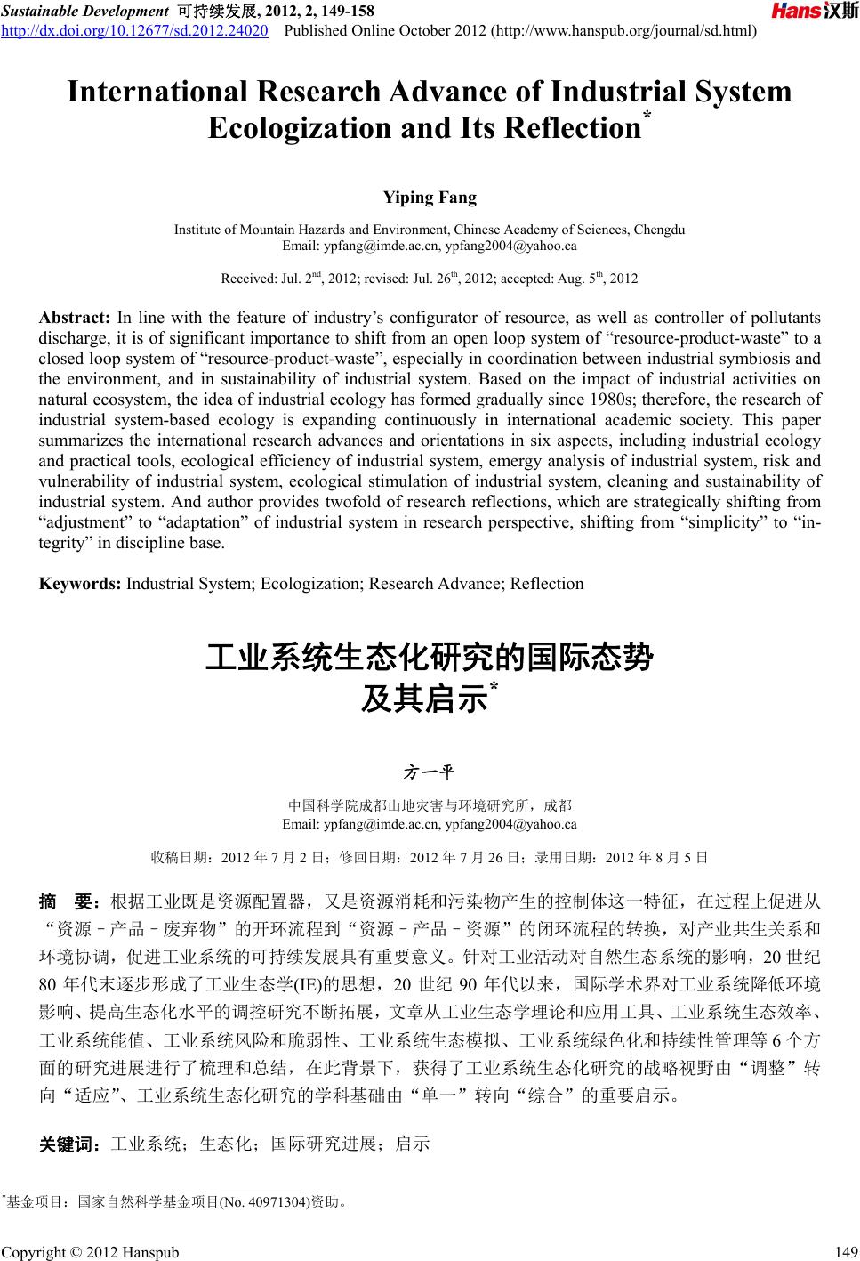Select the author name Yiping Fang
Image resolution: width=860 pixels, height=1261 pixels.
430,198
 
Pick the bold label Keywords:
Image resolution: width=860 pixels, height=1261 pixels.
81,584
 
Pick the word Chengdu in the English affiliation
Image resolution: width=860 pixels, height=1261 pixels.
660,230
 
